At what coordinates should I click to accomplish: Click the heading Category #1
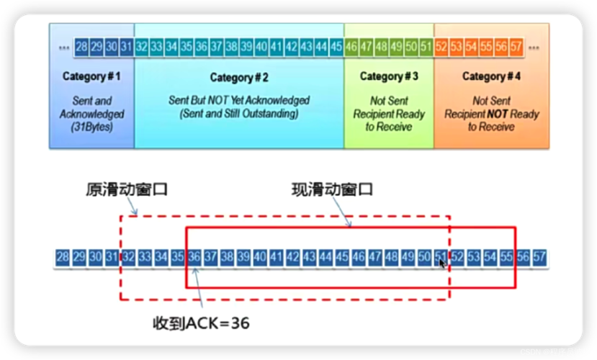(x=91, y=76)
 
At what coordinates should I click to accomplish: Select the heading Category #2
(x=239, y=77)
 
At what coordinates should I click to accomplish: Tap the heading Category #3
(x=389, y=76)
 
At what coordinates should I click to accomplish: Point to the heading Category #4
(x=491, y=76)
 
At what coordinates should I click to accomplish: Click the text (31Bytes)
(x=91, y=127)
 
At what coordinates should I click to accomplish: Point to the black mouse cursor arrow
(x=442, y=264)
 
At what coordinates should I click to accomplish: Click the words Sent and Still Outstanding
(x=239, y=114)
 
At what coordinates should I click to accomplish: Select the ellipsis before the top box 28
(x=64, y=47)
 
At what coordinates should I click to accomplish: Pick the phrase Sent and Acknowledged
(x=91, y=107)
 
